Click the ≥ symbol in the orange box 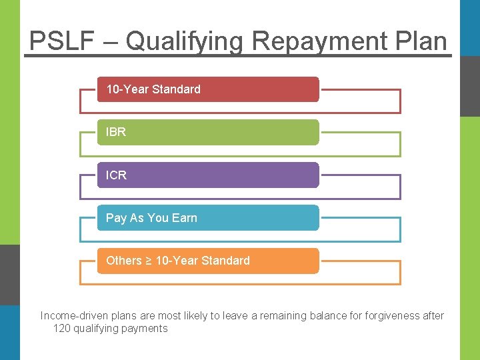tap(149, 261)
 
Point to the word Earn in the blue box tap(184, 218)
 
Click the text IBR tap(116, 132)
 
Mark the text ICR tap(116, 175)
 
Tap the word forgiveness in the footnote tap(374, 316)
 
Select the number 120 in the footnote tap(61, 328)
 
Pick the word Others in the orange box tap(124, 261)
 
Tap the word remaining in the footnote tap(277, 316)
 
